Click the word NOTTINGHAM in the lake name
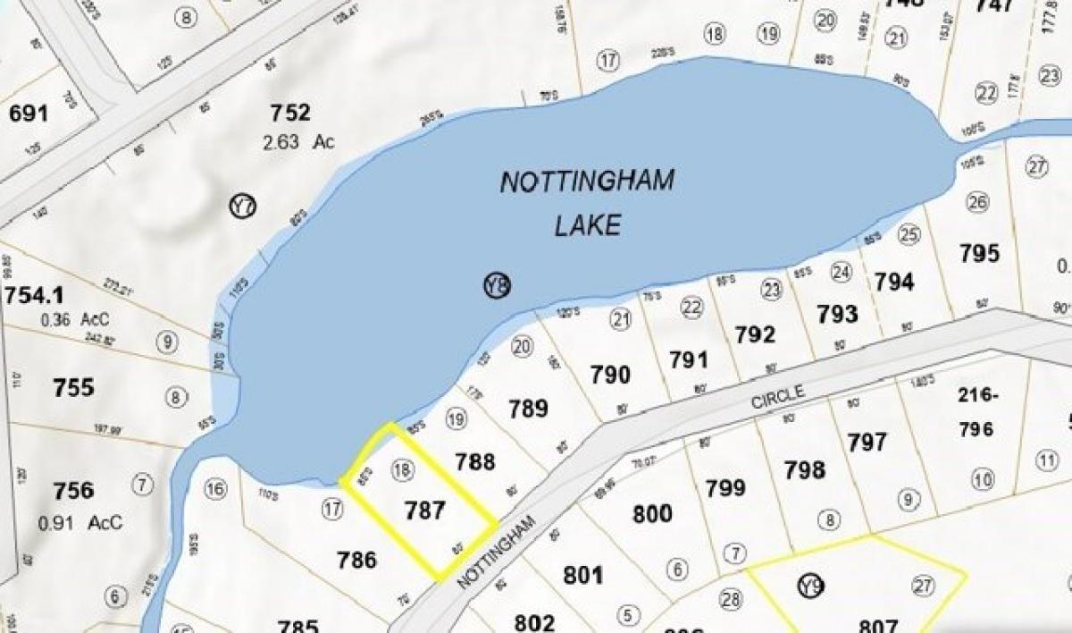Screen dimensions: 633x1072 pyautogui.click(x=587, y=182)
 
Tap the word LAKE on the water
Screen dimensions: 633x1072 pyautogui.click(x=587, y=224)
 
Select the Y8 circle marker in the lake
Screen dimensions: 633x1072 pyautogui.click(x=498, y=285)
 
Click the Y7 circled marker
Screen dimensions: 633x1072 pyautogui.click(x=242, y=207)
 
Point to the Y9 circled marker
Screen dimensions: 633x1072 pyautogui.click(x=810, y=586)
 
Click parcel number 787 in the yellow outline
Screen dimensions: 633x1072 pyautogui.click(x=424, y=510)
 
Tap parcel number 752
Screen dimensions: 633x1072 pyautogui.click(x=290, y=114)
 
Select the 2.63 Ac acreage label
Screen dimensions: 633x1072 pyautogui.click(x=296, y=142)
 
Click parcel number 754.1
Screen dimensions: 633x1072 pyautogui.click(x=37, y=295)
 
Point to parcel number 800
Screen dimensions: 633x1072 pyautogui.click(x=652, y=514)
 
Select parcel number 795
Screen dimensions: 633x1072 pyautogui.click(x=979, y=254)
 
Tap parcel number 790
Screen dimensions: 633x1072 pyautogui.click(x=610, y=375)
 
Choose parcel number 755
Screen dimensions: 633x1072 pyautogui.click(x=73, y=387)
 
